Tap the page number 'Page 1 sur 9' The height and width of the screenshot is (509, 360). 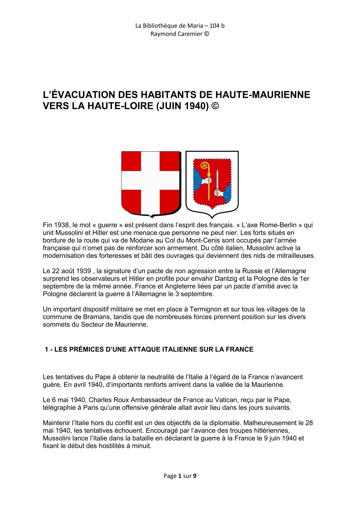(x=180, y=476)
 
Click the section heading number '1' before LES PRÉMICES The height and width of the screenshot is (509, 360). (x=46, y=349)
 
